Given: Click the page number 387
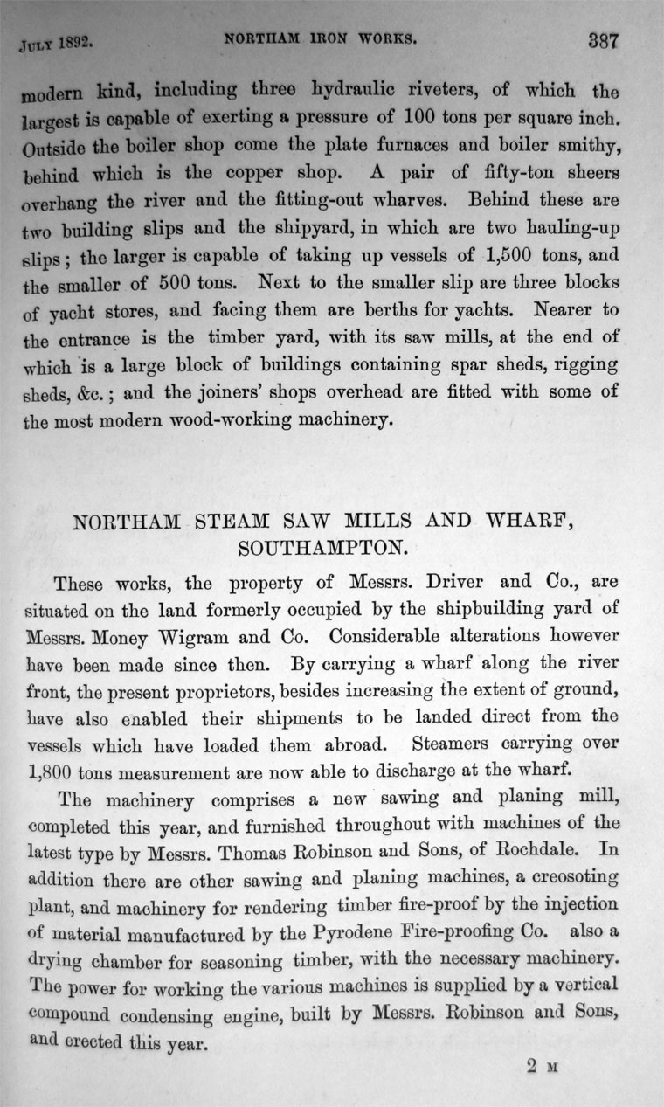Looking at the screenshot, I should (x=596, y=42).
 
